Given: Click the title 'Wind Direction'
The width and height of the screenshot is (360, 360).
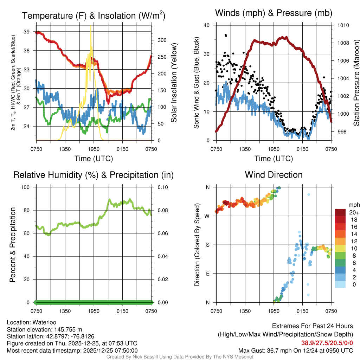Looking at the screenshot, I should click(274, 175).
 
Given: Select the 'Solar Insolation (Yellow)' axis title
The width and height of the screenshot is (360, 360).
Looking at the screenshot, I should click(174, 83).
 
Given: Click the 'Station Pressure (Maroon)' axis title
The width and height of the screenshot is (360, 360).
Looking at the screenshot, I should click(356, 83).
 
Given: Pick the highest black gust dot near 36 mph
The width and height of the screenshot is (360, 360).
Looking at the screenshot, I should click(226, 35).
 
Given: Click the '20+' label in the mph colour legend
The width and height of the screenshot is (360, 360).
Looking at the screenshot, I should click(354, 213).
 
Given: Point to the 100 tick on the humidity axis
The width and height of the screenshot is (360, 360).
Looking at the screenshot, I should click(27, 187).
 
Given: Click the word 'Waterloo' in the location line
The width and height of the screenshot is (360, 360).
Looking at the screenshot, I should click(44, 322).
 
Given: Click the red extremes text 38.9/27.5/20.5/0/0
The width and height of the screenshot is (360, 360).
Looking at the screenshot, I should click(327, 343).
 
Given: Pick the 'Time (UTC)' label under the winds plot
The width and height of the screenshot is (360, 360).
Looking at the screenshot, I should click(274, 159).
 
